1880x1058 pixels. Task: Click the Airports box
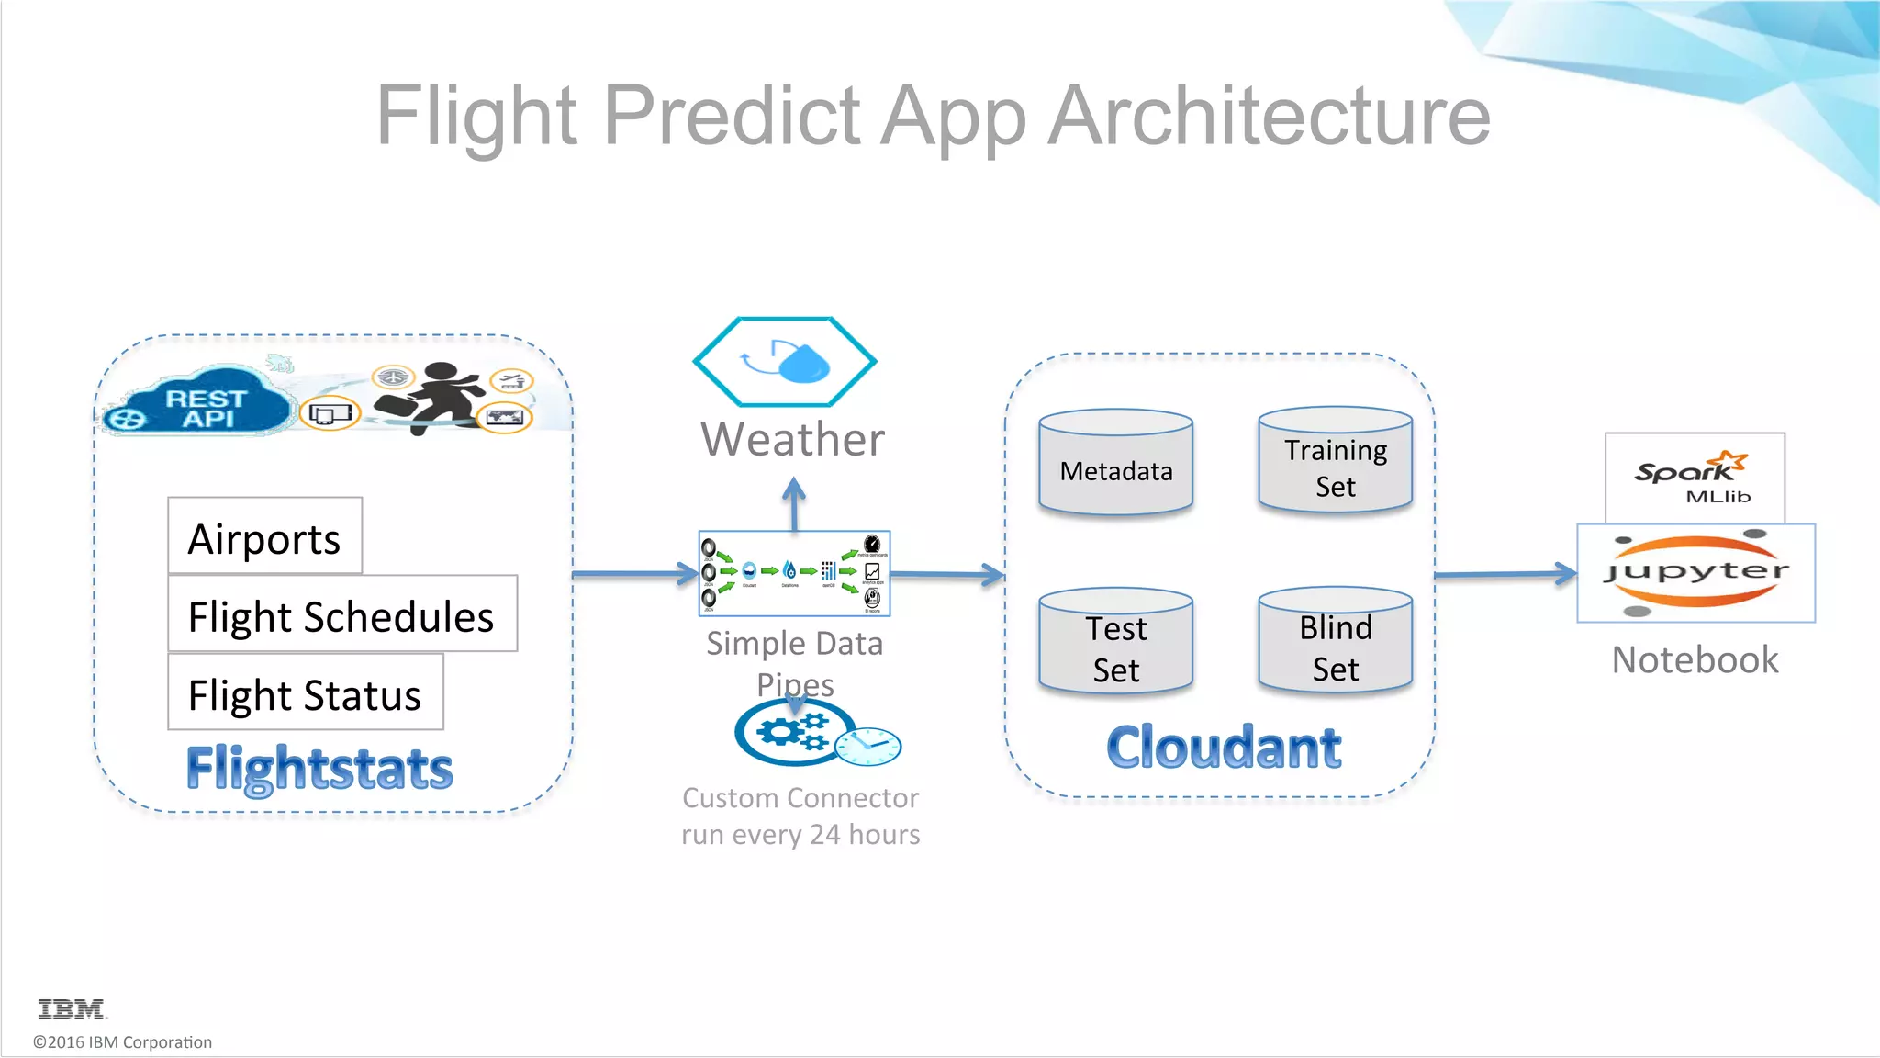point(264,536)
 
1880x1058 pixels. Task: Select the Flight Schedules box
point(341,614)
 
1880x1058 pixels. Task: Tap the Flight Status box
point(305,692)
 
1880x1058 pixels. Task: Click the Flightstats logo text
point(319,768)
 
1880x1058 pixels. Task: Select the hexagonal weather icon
point(785,362)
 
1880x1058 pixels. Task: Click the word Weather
point(792,439)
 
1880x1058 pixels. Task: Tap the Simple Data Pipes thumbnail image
point(794,573)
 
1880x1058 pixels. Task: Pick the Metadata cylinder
point(1115,462)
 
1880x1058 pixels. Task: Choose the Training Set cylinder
point(1335,460)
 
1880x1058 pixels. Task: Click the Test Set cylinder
point(1115,641)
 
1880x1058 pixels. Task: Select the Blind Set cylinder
point(1335,640)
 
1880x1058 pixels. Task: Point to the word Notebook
point(1695,659)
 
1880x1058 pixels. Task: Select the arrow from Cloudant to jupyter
point(1505,574)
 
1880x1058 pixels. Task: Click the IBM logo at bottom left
point(72,1009)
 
